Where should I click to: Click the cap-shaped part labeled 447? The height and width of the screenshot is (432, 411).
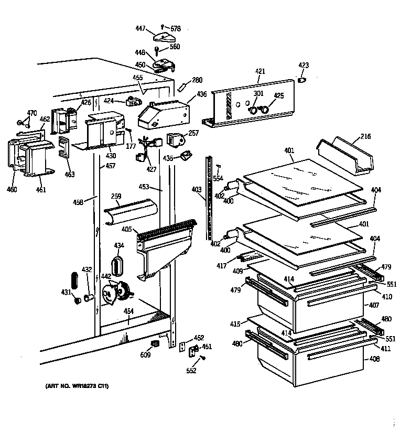pos(164,37)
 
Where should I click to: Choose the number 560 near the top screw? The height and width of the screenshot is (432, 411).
pos(175,47)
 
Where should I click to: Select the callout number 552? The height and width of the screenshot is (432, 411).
pos(191,371)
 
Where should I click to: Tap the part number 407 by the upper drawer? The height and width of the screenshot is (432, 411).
pos(374,305)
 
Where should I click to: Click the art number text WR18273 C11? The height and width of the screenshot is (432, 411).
pos(73,386)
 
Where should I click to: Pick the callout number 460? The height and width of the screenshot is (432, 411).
pos(12,189)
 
